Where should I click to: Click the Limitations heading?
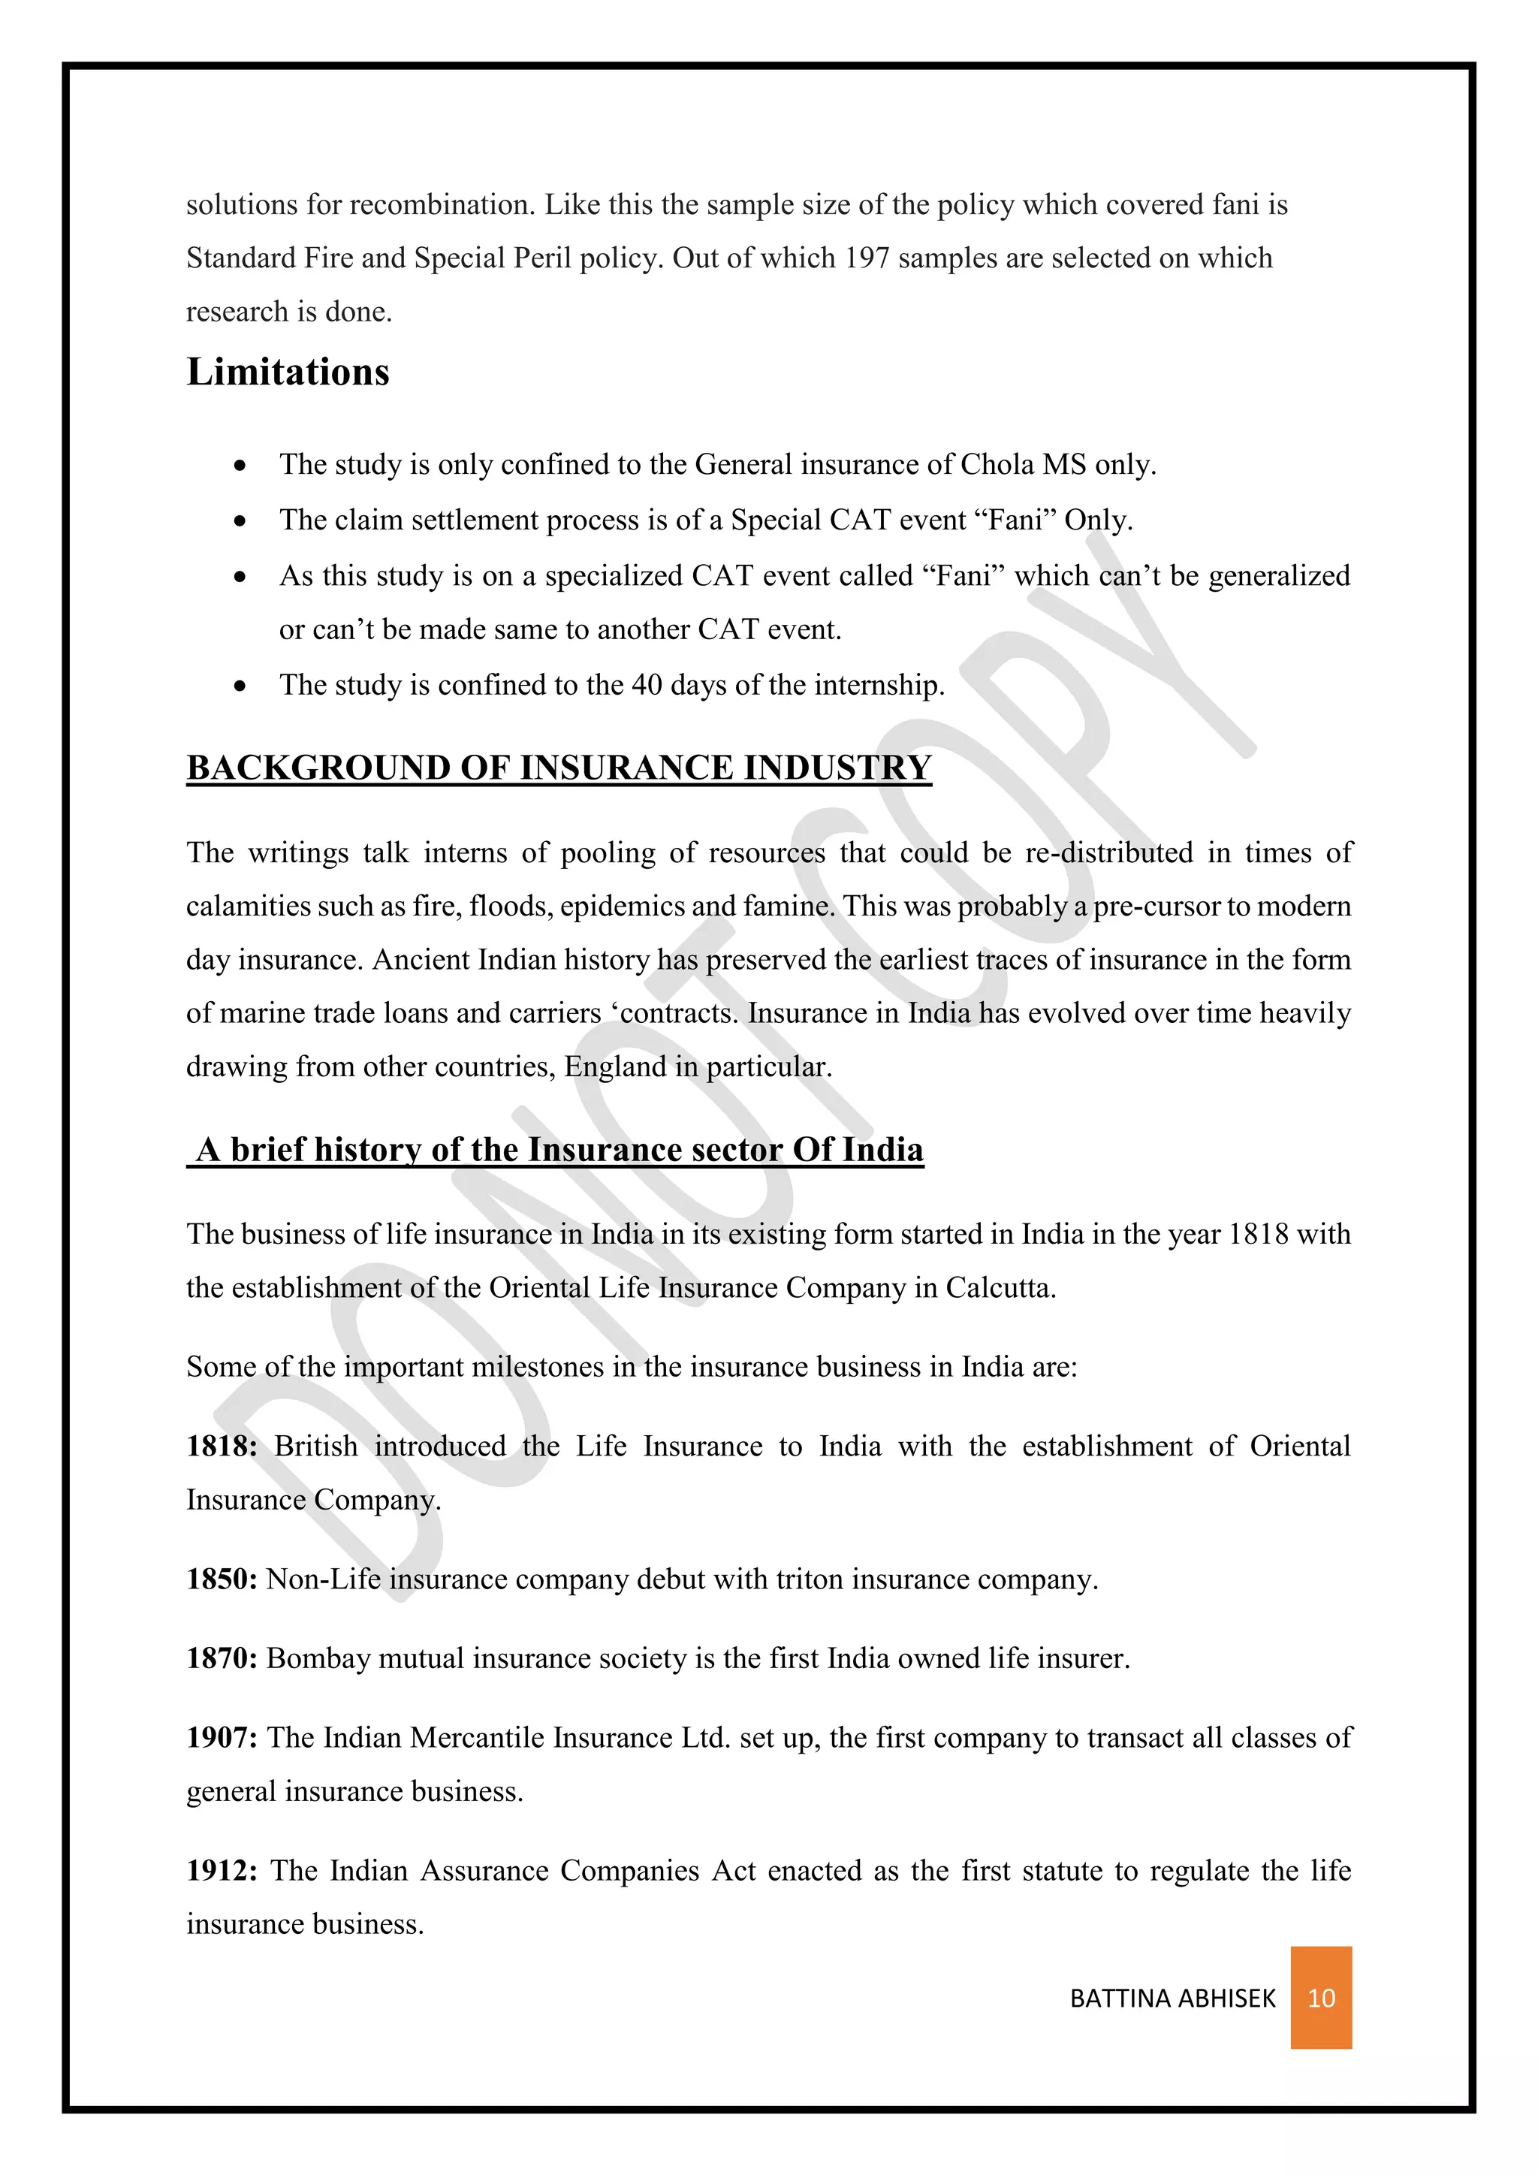click(x=288, y=371)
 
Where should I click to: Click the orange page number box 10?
click(x=1320, y=1998)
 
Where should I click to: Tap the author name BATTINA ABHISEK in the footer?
click(x=1172, y=1999)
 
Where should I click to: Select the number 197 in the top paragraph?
click(x=867, y=258)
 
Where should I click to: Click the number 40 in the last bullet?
click(x=646, y=685)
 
